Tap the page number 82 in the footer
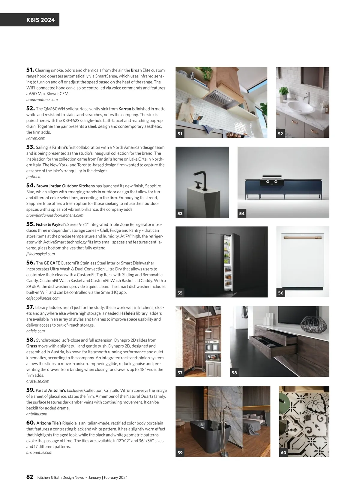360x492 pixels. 30,477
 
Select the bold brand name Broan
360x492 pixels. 136,70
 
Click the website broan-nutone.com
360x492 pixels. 42,100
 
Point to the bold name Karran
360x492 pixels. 125,109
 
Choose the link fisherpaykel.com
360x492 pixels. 40,254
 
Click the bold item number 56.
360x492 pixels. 30,263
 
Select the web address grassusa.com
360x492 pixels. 38,381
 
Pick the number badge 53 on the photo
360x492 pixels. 180,213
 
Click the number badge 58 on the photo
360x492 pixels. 234,373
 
